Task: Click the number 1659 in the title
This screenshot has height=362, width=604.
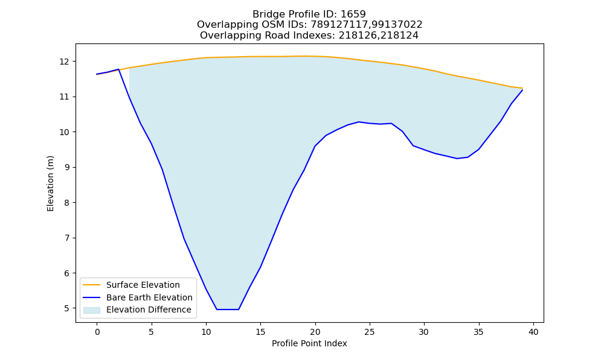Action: tap(353, 14)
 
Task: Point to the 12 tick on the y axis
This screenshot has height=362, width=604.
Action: tap(65, 62)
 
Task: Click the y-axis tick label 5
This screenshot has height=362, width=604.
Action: tap(67, 308)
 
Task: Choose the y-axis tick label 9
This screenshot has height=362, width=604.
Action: tap(67, 167)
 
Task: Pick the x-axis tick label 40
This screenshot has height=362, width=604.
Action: tap(533, 332)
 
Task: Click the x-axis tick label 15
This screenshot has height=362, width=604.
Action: tap(260, 332)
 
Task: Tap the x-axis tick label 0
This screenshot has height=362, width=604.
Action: tap(97, 332)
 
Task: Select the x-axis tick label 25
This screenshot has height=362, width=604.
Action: tap(370, 332)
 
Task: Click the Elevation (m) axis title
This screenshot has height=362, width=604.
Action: tap(51, 183)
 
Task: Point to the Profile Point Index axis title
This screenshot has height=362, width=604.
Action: tap(309, 343)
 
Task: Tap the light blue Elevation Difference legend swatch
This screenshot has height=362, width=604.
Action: tap(92, 310)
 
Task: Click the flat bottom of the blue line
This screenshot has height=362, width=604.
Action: tap(228, 310)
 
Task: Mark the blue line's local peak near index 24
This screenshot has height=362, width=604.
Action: tap(359, 122)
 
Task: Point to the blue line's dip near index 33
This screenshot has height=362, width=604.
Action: tap(457, 158)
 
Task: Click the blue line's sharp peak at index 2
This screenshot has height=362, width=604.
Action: tap(118, 69)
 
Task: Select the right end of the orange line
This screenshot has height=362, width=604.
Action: tap(522, 89)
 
